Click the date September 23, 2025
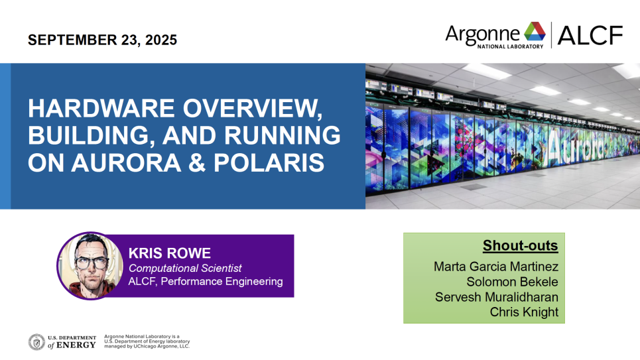102,40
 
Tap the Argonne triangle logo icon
535,31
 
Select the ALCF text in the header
590,35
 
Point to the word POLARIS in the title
269,162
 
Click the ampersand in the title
197,162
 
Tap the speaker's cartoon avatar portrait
90,266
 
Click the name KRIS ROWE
169,253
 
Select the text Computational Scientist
185,268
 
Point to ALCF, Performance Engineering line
206,281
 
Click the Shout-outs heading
521,245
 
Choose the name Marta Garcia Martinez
496,267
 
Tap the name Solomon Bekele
512,282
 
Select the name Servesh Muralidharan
496,297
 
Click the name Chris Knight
524,312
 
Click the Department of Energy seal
36,342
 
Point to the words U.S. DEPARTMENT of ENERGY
72,342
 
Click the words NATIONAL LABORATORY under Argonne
510,46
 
